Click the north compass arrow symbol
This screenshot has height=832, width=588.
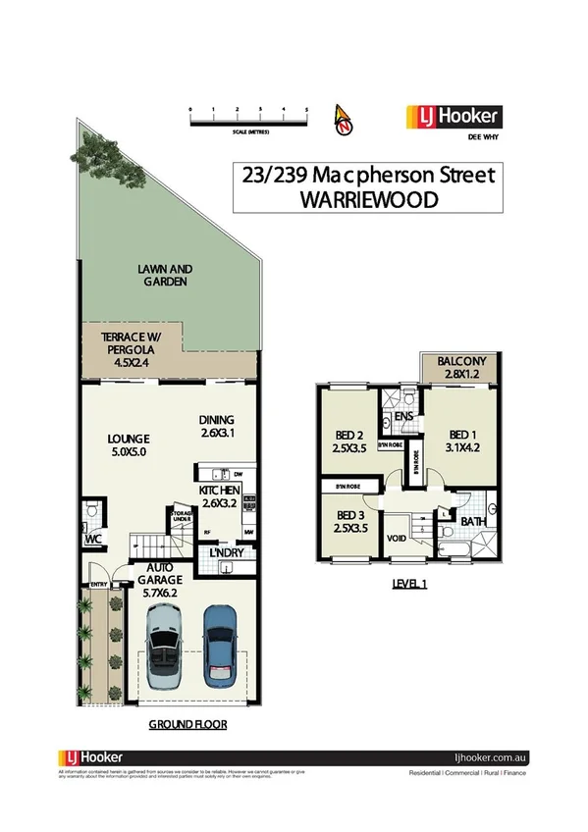(344, 118)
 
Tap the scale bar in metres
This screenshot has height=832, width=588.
(248, 121)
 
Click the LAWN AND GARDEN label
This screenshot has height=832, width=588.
(165, 275)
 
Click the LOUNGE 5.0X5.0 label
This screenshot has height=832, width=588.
(129, 444)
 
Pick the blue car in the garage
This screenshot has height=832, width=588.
(221, 646)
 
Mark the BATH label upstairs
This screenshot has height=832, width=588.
(474, 521)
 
